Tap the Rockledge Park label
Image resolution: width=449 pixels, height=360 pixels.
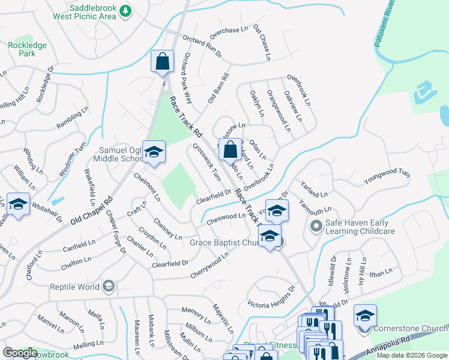tap(23, 49)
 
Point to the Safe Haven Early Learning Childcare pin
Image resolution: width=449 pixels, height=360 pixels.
tap(316, 227)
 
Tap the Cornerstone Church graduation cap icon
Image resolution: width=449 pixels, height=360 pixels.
tap(364, 316)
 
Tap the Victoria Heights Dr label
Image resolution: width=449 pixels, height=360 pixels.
tap(272, 295)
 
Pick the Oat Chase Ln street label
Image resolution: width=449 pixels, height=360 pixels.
tap(260, 43)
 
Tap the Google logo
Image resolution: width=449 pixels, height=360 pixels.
tap(20, 352)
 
